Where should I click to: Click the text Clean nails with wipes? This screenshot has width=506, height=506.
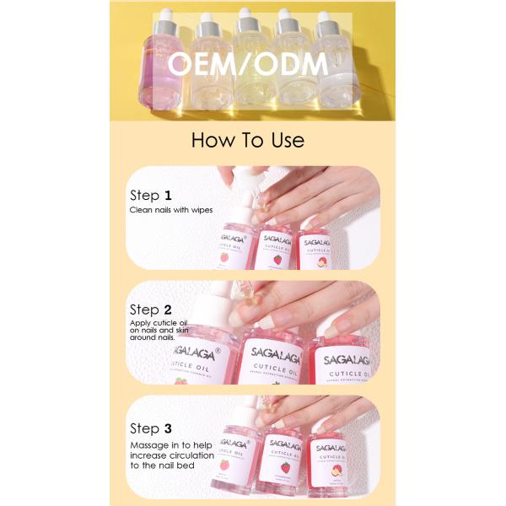(171, 209)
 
